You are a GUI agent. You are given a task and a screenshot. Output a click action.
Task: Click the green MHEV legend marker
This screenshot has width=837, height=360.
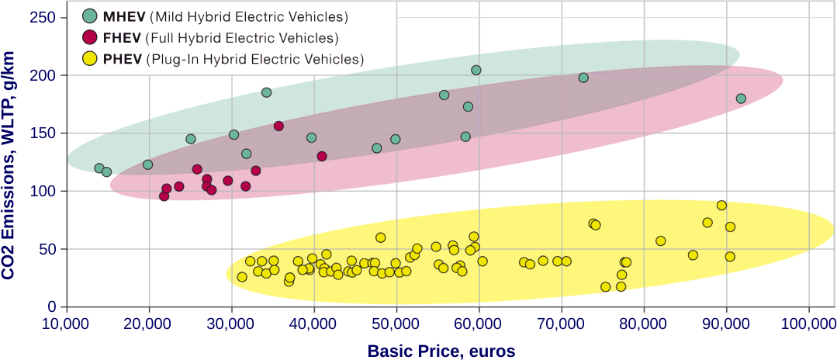click(x=90, y=16)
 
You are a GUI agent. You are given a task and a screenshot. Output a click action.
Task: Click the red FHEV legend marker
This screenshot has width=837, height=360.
click(x=90, y=37)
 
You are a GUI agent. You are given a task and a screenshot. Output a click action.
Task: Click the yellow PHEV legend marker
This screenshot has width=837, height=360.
click(x=90, y=58)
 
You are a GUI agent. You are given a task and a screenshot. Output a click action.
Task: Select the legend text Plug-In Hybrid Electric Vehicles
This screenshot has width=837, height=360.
click(x=254, y=59)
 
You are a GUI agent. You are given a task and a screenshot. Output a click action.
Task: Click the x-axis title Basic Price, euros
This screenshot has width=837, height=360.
click(x=441, y=351)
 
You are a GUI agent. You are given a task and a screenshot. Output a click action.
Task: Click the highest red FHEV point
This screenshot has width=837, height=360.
click(x=278, y=126)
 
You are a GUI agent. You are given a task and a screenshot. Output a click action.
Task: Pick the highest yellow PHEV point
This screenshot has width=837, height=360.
click(x=721, y=206)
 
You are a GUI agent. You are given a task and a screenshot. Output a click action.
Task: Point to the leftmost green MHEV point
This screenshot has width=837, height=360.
click(x=99, y=168)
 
